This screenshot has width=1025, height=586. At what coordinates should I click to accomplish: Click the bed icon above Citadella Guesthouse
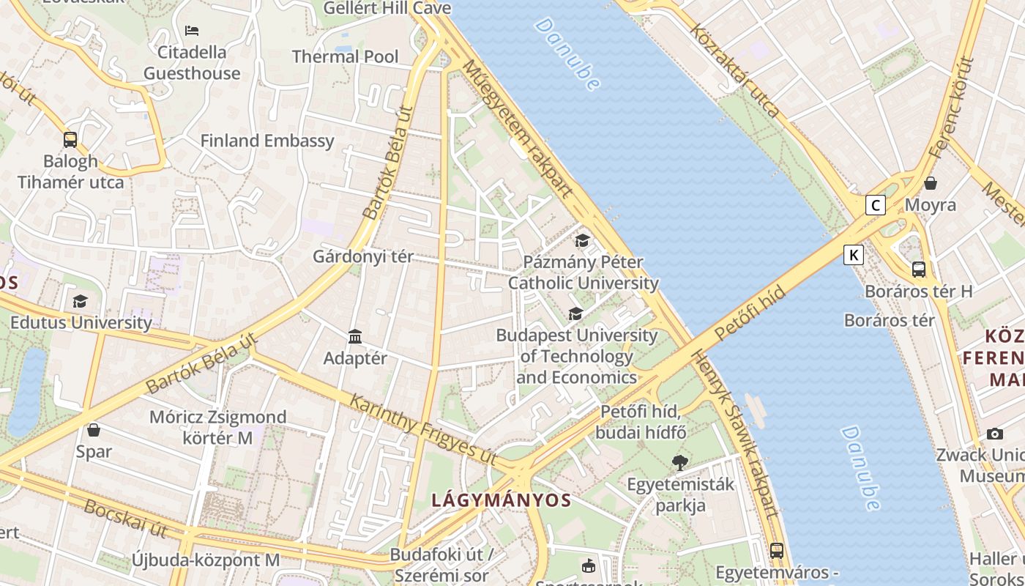pos(192,31)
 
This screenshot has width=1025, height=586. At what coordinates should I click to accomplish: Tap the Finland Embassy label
pos(267,141)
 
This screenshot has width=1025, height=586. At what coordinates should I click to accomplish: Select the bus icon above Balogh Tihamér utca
pos(70,139)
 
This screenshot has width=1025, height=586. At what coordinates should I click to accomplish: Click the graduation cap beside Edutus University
pos(80,301)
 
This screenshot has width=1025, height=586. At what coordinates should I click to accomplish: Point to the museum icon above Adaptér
pos(355,336)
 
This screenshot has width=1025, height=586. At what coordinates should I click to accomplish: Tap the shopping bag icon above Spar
pos(94,429)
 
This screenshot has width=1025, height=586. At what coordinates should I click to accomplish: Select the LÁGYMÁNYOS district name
pos(501,500)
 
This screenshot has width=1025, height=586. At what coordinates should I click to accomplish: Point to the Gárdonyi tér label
pos(363,257)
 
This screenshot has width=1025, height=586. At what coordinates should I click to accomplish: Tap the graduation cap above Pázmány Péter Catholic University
pos(582,240)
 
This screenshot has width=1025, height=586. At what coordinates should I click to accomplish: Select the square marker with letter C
pos(875,205)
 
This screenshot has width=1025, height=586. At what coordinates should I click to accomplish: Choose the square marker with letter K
pos(853,255)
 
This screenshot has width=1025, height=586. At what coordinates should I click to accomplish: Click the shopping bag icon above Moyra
pos(931,182)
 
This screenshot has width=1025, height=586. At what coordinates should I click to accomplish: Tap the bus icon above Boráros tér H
pos(919,269)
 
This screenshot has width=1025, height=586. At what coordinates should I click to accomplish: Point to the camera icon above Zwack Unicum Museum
pos(994,434)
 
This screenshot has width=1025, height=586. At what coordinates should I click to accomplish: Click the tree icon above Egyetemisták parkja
pos(680,462)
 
